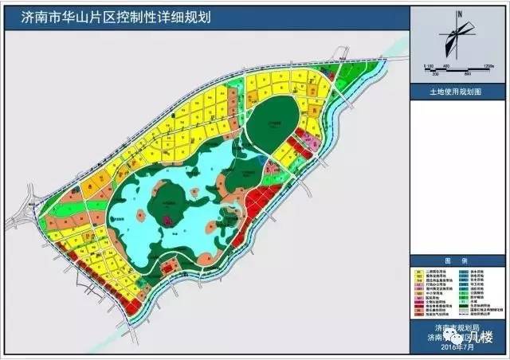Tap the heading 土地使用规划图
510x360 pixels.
[458, 92]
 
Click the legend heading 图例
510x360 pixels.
[459, 260]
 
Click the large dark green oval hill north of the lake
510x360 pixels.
[275, 123]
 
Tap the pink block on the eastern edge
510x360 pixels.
[312, 143]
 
